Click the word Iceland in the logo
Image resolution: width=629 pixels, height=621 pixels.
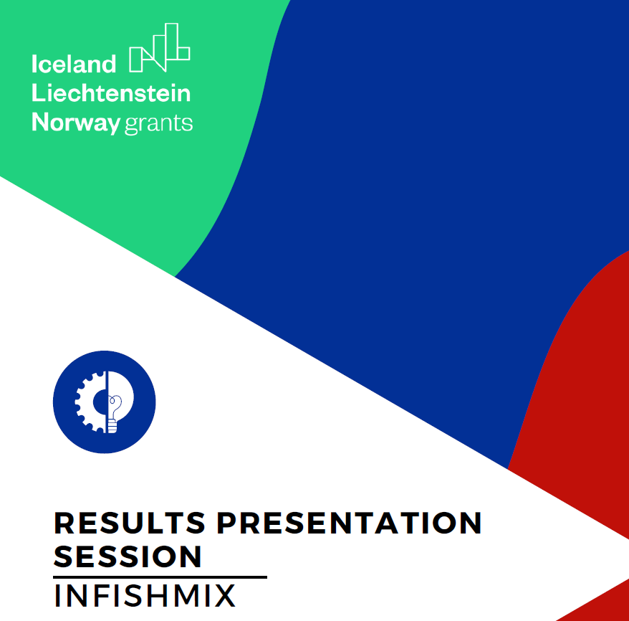pos(73,65)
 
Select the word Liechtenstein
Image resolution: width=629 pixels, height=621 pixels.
pos(111,93)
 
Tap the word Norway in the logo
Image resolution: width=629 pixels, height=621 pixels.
pos(75,123)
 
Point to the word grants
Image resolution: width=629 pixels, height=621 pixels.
pos(158,123)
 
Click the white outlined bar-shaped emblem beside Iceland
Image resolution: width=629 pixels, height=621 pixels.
pos(159,49)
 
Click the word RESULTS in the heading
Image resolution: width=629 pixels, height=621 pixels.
pos(130,523)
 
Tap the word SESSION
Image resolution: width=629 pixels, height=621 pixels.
pos(128,556)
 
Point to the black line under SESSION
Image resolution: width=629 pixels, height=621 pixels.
pos(160,577)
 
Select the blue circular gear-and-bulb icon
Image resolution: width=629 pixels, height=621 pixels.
pos(105,402)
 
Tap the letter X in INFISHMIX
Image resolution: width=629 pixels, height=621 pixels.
pos(224,596)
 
